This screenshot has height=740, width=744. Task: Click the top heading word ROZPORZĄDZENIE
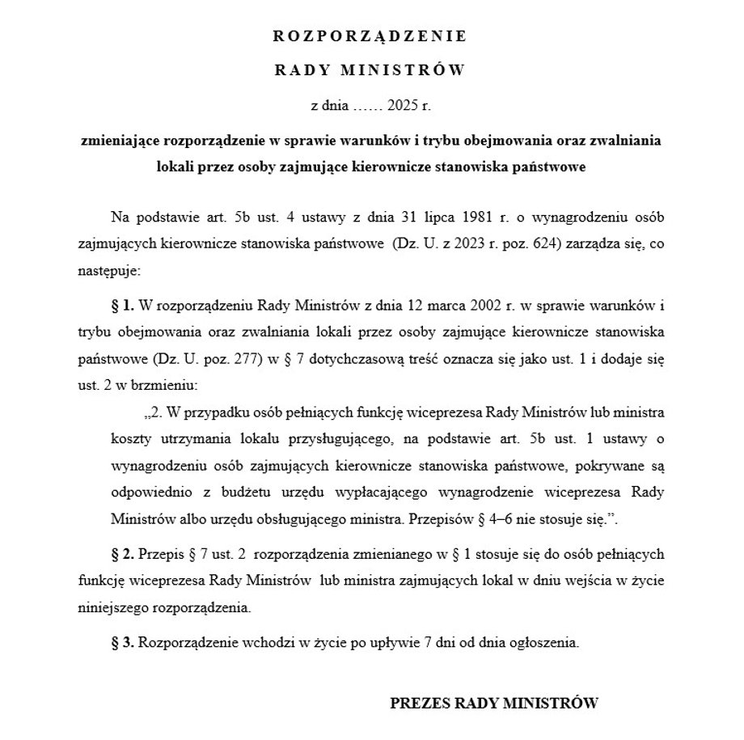(x=371, y=36)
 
